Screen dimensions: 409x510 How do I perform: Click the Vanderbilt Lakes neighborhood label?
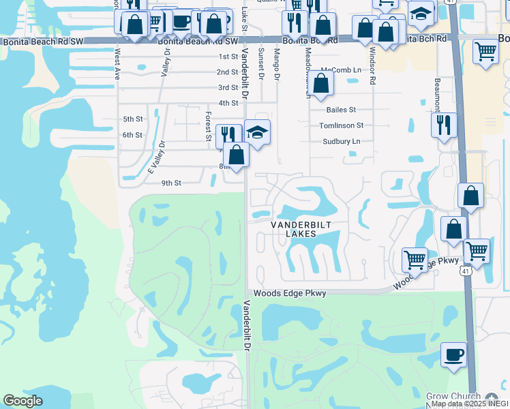[x=293, y=229]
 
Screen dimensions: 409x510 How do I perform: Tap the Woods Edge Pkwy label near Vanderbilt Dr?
[x=290, y=293]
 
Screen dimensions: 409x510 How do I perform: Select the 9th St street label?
[x=171, y=183]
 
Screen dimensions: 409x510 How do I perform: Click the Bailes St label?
[x=341, y=109]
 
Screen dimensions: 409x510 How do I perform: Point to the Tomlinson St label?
[x=342, y=125]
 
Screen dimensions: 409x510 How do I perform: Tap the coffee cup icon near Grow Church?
[x=454, y=354]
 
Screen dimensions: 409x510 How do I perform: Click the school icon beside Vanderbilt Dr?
[x=257, y=132]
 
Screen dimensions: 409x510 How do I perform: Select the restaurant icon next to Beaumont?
[x=443, y=125]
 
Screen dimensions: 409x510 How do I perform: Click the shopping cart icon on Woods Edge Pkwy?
[x=414, y=259]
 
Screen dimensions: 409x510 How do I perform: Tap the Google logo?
[x=22, y=400]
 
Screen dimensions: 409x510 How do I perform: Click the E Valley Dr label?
[x=157, y=158]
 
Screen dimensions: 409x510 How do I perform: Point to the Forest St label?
[x=208, y=127]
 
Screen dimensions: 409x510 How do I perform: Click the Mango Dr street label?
[x=277, y=65]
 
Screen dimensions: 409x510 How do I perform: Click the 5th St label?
[x=132, y=119]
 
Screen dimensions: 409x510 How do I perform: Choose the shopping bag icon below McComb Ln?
[x=322, y=85]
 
